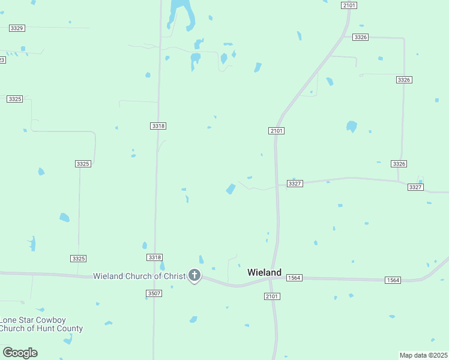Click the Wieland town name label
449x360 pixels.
point(264,272)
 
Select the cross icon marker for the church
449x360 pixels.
point(194,275)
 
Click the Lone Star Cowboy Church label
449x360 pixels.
point(41,324)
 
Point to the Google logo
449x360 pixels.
point(20,353)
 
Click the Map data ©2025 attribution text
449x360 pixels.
point(424,355)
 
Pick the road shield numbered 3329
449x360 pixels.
point(17,28)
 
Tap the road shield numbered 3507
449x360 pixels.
point(154,293)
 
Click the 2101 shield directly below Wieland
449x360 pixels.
point(272,296)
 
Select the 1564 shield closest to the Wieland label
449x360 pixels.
point(294,278)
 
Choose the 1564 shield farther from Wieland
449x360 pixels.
point(393,280)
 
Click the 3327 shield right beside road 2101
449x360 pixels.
point(294,184)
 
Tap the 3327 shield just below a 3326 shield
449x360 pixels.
point(415,187)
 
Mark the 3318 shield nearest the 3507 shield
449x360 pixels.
point(154,257)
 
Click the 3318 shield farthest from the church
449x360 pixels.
point(158,126)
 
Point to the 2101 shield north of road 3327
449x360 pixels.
point(276,131)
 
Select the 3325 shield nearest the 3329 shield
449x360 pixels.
point(14,98)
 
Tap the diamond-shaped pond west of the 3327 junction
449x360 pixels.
point(231,189)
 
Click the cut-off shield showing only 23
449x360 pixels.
point(2,59)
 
